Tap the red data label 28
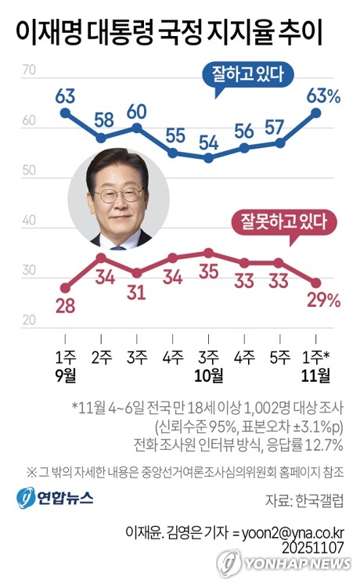click(x=65, y=305)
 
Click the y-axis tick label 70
click(x=31, y=70)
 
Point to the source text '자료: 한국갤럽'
click(x=298, y=499)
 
